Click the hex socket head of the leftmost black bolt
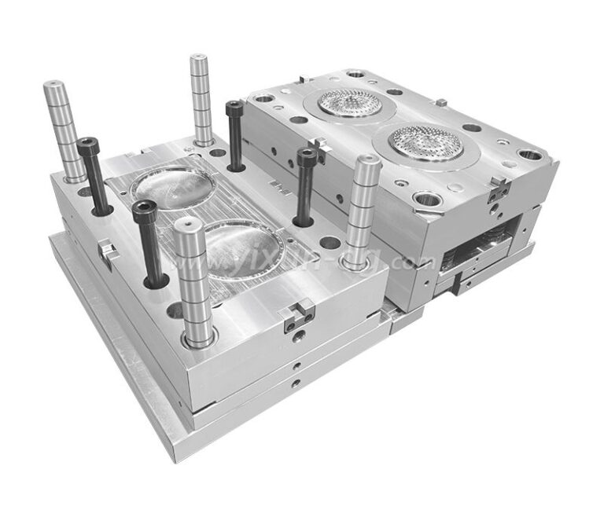tap(87, 145)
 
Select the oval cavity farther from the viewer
tap(168, 185)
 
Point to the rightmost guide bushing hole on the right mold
tap(530, 154)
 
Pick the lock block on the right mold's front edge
tap(496, 189)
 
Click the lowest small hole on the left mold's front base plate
tap(295, 383)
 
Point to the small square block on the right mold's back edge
tap(441, 102)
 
